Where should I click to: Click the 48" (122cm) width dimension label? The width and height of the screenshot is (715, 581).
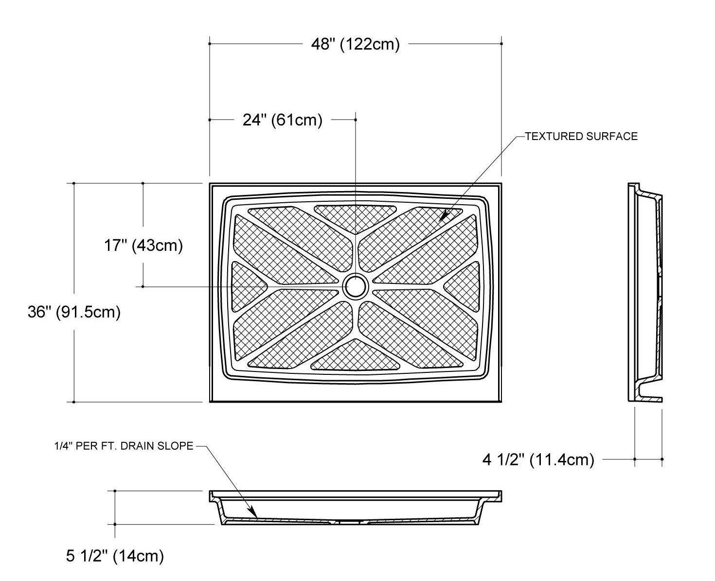tap(355, 44)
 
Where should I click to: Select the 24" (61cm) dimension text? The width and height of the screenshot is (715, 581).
tap(283, 120)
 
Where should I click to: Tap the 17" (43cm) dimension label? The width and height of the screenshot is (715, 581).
tap(143, 245)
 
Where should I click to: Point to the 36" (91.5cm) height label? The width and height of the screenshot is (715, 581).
tap(74, 312)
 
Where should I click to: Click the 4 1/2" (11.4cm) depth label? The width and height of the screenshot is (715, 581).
tap(538, 459)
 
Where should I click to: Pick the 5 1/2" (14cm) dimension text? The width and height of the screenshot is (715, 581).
tap(115, 555)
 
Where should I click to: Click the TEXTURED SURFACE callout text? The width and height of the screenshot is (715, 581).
tap(581, 136)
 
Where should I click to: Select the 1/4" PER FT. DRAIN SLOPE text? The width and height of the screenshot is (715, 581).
tap(124, 446)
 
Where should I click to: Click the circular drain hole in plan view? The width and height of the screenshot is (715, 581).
tap(356, 287)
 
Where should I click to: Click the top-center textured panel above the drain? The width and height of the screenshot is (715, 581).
tap(355, 216)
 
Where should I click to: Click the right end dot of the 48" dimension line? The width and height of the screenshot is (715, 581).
tap(501, 44)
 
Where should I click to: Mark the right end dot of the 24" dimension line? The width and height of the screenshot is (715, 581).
tap(356, 120)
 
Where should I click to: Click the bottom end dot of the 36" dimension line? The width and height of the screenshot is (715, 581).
tap(74, 402)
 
